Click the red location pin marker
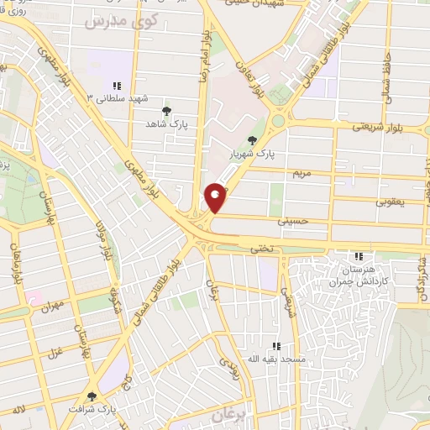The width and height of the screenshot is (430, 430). [x=216, y=197]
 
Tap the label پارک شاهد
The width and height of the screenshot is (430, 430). [x=166, y=123]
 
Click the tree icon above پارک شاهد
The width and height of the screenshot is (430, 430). [x=166, y=109]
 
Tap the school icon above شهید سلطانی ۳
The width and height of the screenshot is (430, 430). [x=116, y=86]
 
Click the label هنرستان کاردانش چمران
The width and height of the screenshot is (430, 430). [x=359, y=276]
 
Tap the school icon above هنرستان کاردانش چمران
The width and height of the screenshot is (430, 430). [x=359, y=256]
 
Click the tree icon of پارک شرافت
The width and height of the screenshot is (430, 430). [x=92, y=396]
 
